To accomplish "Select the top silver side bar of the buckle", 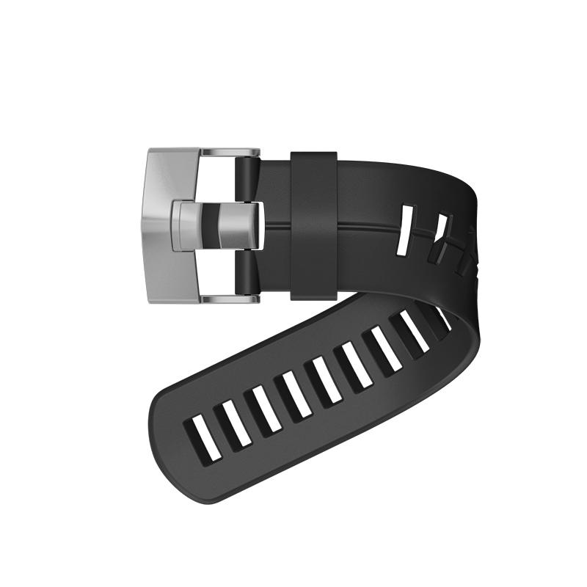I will [229, 153].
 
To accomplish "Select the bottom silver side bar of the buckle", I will [229, 299].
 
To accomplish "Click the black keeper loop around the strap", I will [313, 225].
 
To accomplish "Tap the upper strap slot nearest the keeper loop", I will [404, 230].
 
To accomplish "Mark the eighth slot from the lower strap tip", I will [415, 331].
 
